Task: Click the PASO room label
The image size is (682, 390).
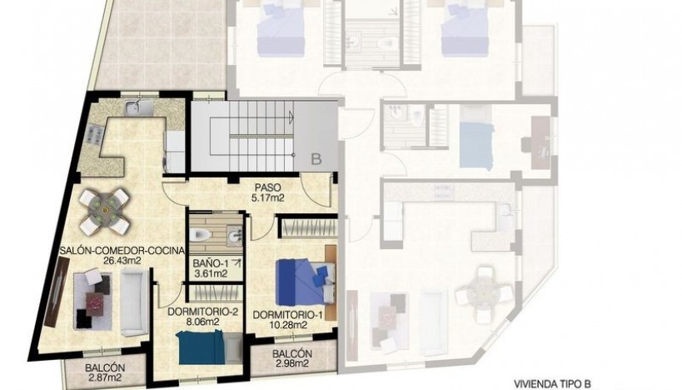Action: coord(267,188)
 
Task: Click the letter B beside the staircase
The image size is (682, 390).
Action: coord(316,156)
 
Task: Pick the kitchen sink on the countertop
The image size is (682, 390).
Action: coord(133,106)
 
